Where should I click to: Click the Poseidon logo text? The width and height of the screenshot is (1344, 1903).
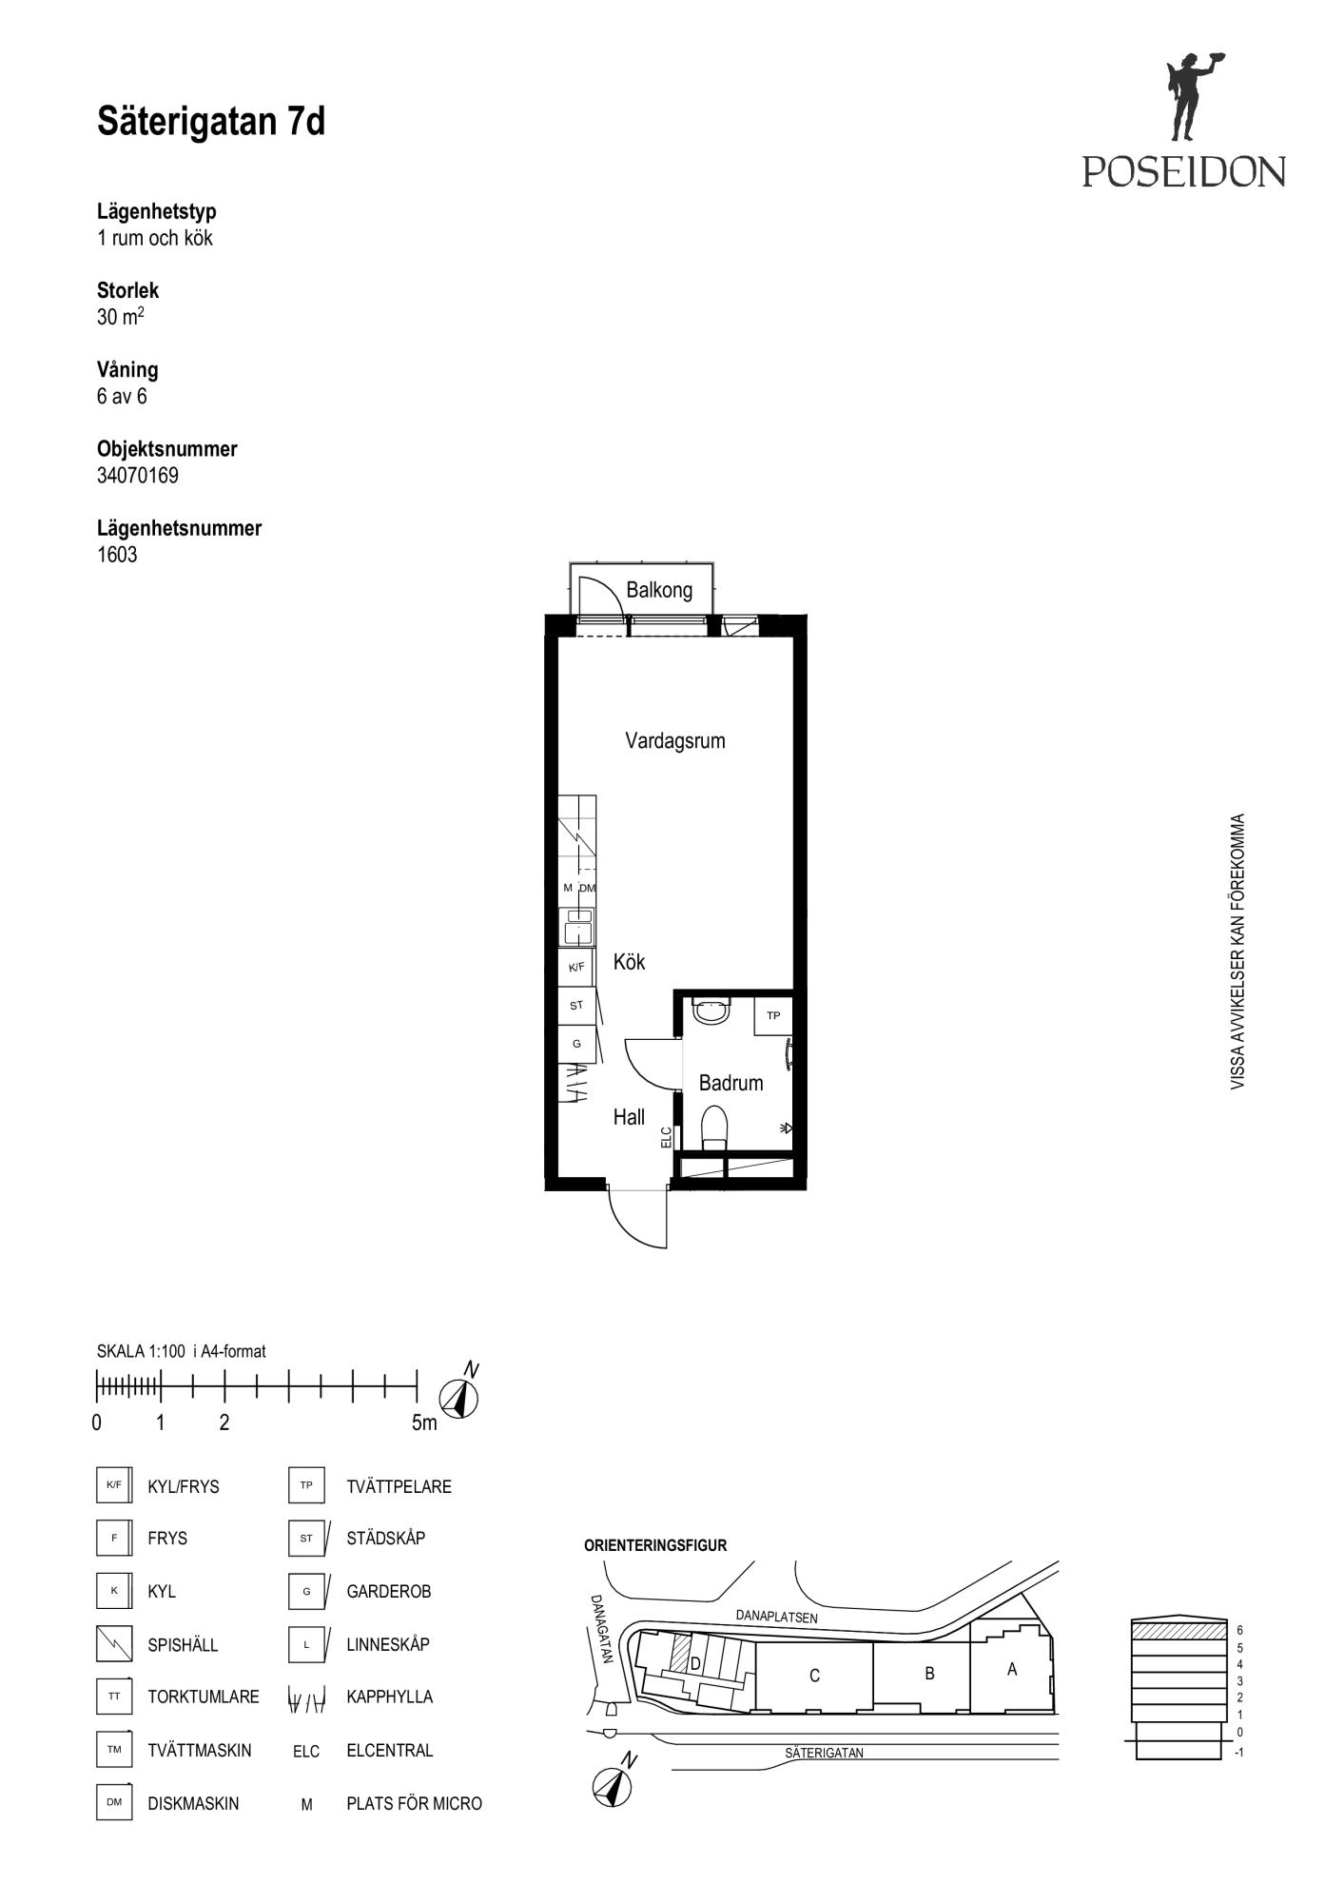point(1183,171)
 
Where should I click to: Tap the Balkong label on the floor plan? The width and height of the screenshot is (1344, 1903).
point(659,590)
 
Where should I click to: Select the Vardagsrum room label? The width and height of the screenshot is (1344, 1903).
point(675,740)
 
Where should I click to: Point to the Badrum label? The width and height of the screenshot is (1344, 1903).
point(730,1083)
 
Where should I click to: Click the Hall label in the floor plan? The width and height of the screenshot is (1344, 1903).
point(629,1117)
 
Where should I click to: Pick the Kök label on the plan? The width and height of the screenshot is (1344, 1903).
point(629,962)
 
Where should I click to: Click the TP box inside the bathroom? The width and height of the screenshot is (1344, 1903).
point(773,1015)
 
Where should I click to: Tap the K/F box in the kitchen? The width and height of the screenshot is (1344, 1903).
point(576,968)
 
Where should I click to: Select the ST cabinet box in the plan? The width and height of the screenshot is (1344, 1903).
point(576,1006)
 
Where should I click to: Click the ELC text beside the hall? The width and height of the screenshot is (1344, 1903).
point(666,1137)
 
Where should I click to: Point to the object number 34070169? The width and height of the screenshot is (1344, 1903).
point(138,475)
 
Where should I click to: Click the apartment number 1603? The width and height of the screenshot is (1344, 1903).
point(117,555)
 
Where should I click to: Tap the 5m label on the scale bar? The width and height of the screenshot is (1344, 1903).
point(424,1423)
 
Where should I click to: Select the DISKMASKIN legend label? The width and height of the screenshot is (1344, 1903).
point(193,1804)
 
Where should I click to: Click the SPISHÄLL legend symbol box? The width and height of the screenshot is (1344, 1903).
point(114,1644)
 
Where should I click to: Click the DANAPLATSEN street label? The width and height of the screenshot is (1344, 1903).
point(776,1617)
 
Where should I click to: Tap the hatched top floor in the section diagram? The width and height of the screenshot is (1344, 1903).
point(1178,1630)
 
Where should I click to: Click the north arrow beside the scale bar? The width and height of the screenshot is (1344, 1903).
point(460,1395)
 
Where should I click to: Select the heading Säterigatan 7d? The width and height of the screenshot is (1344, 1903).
point(211,122)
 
